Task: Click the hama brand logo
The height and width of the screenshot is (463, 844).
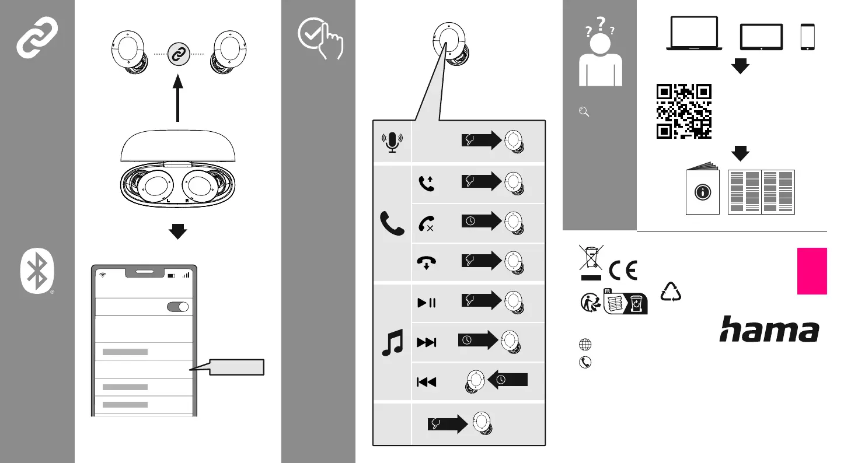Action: [x=769, y=329]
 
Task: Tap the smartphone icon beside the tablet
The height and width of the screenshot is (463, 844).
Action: [x=808, y=37]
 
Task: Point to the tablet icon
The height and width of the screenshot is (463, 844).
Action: [x=761, y=37]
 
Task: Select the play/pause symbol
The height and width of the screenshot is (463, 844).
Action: [x=426, y=302]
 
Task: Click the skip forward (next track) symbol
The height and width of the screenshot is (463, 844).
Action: [x=427, y=342]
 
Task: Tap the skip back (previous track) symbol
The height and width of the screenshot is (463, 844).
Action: [x=426, y=382]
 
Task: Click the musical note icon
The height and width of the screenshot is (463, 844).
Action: [x=392, y=342]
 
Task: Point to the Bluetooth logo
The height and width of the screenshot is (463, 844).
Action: [x=37, y=273]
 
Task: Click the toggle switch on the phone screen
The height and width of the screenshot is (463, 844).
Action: [x=178, y=307]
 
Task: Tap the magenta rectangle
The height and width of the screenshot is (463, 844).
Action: [x=812, y=271]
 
